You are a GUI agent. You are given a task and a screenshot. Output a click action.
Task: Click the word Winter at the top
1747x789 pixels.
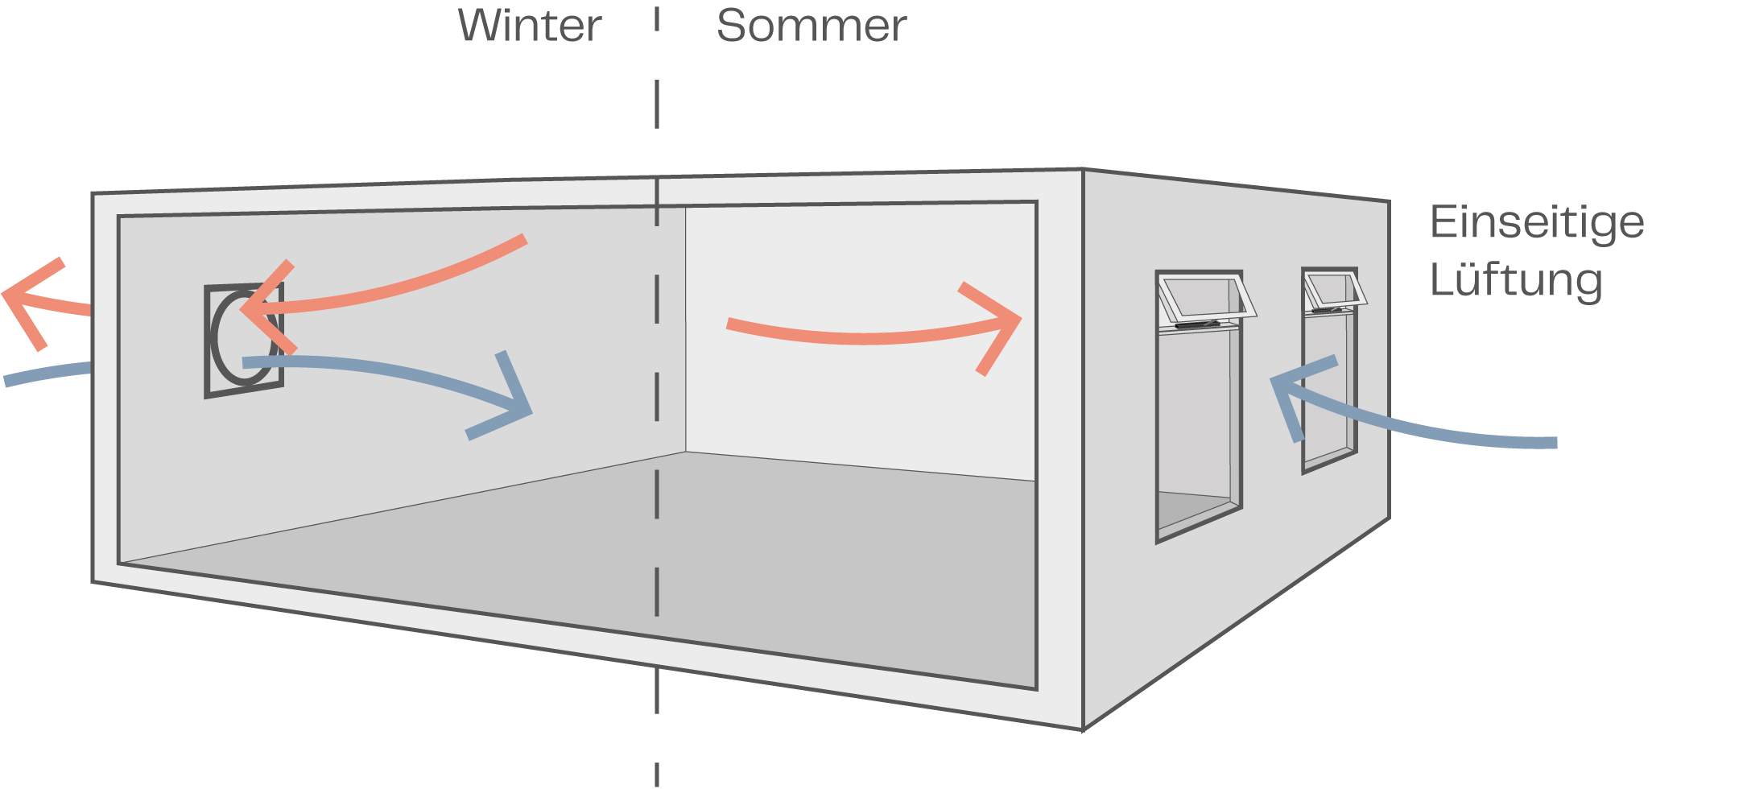(529, 26)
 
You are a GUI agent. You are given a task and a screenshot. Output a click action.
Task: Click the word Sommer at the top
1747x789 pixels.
(811, 26)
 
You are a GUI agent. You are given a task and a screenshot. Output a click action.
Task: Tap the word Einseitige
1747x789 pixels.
(1536, 223)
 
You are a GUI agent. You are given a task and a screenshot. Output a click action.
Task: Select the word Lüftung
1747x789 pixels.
(1515, 280)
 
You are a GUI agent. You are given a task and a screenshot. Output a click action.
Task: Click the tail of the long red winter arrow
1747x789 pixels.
(522, 240)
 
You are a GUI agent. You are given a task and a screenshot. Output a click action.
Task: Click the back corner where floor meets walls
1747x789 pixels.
(686, 452)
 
